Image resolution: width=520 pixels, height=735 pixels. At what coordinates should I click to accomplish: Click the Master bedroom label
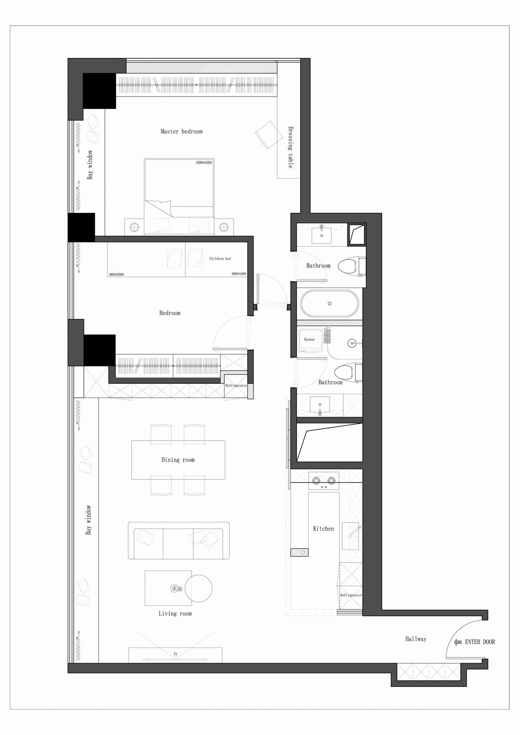click(182, 131)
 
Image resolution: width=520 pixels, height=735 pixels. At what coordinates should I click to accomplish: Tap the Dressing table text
click(290, 148)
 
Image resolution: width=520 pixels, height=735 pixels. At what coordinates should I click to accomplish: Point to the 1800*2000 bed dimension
click(204, 162)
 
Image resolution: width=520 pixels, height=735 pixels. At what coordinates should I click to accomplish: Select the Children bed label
click(220, 259)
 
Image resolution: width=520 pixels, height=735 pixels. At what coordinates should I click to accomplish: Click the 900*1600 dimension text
click(239, 274)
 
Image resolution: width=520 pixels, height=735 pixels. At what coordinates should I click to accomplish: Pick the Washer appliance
click(309, 341)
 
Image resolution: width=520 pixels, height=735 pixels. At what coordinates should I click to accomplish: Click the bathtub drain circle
click(330, 304)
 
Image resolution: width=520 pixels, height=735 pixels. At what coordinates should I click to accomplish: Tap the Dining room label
click(178, 460)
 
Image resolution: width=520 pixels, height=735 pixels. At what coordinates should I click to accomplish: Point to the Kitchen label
click(323, 528)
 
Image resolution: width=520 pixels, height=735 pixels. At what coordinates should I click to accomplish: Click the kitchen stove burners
click(324, 480)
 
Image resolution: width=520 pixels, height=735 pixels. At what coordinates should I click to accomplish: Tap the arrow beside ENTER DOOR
click(458, 642)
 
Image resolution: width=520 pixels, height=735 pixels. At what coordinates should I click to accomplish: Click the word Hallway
click(416, 639)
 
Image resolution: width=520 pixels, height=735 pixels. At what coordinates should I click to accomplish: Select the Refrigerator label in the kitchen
click(351, 595)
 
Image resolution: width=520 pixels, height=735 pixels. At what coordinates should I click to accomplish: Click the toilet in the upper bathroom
click(351, 266)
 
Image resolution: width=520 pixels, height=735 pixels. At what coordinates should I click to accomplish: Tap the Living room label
click(175, 614)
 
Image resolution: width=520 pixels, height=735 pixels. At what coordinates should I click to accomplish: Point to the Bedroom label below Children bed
click(170, 313)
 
